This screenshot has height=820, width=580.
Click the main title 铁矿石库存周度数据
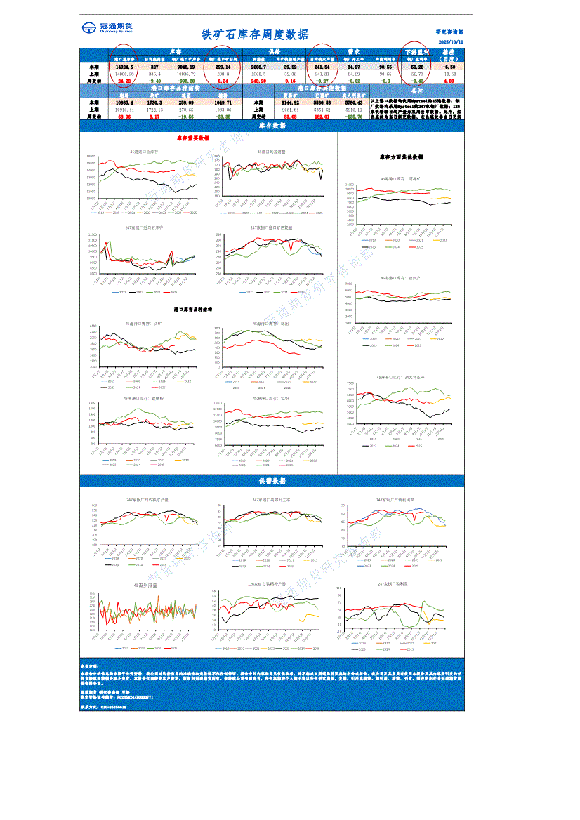tap(254, 35)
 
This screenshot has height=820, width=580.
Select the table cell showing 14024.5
tap(123, 67)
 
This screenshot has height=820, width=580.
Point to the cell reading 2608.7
tap(258, 67)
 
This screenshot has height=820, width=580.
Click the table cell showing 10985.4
tap(124, 102)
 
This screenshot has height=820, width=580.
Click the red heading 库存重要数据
tap(192, 139)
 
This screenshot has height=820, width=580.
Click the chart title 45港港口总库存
tap(144, 151)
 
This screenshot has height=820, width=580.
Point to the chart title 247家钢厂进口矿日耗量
tap(272, 227)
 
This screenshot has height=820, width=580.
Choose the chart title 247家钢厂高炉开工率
tap(271, 500)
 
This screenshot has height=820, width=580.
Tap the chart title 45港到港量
tap(145, 584)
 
